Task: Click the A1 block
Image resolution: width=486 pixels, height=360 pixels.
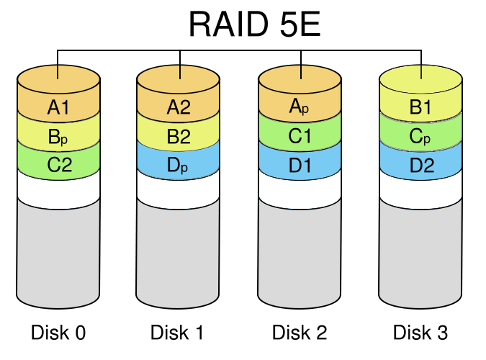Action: click(58, 108)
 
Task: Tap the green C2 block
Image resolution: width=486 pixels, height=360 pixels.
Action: click(58, 165)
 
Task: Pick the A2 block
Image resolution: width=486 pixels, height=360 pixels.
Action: click(178, 108)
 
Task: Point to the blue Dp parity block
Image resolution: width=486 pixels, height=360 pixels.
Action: click(178, 165)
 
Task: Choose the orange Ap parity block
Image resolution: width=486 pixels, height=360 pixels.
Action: click(299, 108)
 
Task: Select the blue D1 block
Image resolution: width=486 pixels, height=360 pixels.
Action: click(299, 165)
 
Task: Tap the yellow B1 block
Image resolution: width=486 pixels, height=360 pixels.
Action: click(420, 108)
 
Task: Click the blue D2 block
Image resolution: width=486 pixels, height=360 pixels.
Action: click(420, 165)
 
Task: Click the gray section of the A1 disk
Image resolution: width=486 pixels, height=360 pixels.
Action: click(58, 252)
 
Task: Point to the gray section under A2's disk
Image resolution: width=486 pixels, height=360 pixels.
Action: click(178, 252)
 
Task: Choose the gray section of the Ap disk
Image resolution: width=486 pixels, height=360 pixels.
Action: click(299, 252)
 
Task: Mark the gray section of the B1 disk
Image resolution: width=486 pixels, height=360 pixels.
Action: click(420, 252)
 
